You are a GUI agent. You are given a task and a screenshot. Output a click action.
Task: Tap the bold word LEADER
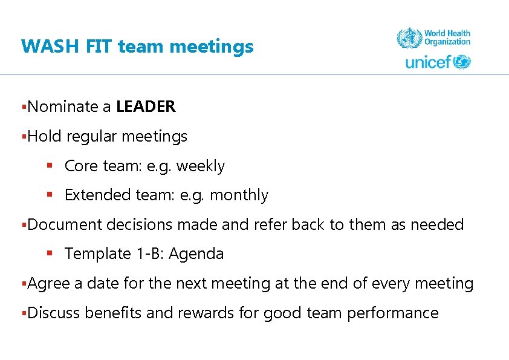146,107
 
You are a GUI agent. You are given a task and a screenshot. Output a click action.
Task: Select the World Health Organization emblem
409,39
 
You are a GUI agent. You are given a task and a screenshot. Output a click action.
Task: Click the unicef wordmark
429,62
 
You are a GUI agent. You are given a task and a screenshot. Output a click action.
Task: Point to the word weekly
201,166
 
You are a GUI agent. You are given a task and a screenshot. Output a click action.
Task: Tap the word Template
97,254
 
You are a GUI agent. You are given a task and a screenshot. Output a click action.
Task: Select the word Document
65,225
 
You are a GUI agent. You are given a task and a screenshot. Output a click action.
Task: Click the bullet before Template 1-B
51,254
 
